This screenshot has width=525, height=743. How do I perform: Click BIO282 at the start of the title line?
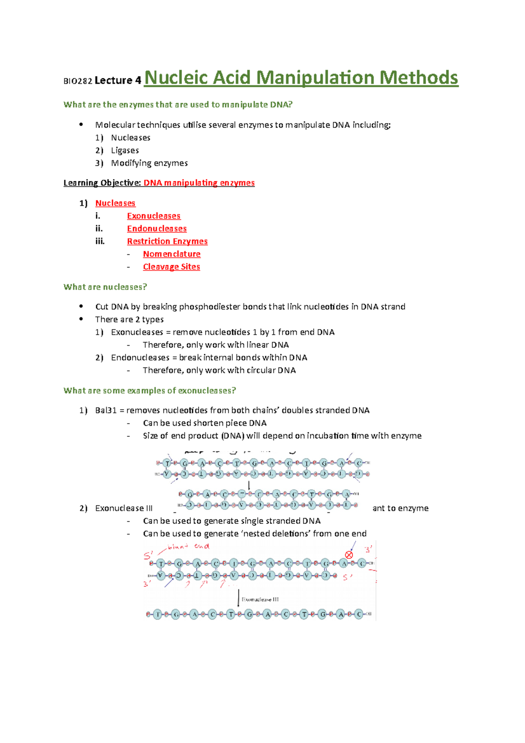click(77, 81)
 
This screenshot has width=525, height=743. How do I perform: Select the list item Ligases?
click(125, 151)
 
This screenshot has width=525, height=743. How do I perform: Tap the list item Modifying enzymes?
click(149, 163)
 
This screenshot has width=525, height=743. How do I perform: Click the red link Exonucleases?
click(154, 216)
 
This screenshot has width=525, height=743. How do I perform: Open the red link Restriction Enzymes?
click(167, 242)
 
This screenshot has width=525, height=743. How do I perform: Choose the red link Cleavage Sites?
click(171, 267)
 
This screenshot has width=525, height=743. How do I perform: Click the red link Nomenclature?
click(171, 254)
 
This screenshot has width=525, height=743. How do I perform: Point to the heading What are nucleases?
click(105, 287)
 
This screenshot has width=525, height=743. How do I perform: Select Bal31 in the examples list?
click(105, 410)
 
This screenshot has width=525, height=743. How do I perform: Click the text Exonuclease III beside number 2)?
click(123, 508)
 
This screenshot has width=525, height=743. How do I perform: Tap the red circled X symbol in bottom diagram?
click(349, 555)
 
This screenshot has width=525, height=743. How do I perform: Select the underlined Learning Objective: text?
click(102, 183)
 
